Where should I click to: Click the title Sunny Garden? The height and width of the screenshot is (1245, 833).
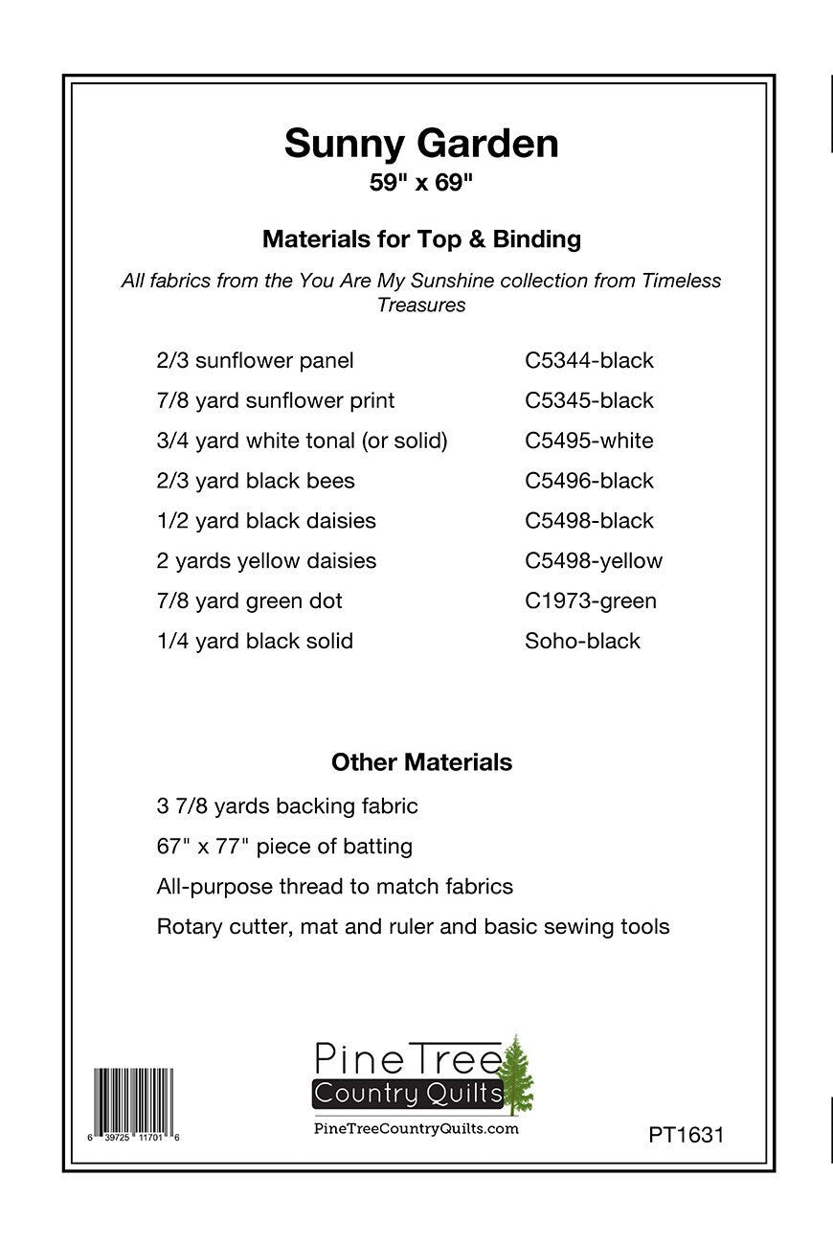(x=421, y=144)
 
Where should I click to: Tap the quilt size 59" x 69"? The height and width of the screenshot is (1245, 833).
(x=421, y=182)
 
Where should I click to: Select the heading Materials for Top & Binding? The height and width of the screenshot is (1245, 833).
(x=421, y=239)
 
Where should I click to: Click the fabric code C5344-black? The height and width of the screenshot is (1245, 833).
(x=589, y=361)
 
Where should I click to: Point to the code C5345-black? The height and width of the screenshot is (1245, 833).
(x=589, y=401)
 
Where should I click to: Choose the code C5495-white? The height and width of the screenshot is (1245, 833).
(x=589, y=441)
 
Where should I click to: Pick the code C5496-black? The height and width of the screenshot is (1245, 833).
(x=589, y=481)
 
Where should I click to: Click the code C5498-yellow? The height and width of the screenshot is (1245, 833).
(x=594, y=561)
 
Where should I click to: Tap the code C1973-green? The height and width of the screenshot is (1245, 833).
(x=591, y=601)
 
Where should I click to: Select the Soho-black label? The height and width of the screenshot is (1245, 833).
(x=582, y=642)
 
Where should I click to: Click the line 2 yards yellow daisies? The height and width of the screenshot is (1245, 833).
(x=266, y=561)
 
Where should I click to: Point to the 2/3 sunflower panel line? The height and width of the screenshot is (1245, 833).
(x=255, y=361)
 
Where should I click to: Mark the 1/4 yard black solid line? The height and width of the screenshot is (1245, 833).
(x=255, y=642)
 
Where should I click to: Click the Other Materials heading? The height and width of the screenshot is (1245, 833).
(x=421, y=762)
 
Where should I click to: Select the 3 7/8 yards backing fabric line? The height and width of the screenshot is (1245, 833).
(x=287, y=806)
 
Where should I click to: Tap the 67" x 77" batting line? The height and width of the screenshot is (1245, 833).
(x=284, y=847)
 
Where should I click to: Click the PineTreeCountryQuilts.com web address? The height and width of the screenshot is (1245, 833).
(x=416, y=1129)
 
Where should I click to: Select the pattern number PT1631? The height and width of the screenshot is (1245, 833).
(x=686, y=1135)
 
